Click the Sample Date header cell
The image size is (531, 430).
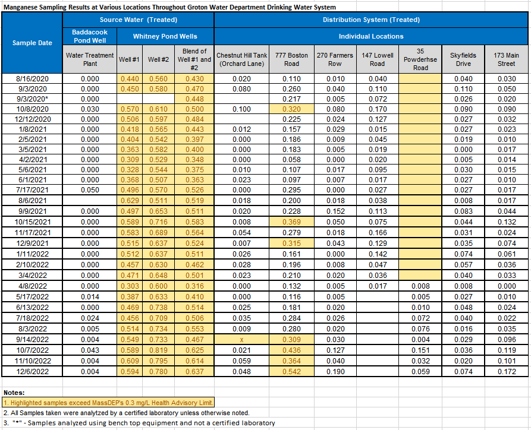(x=32, y=43)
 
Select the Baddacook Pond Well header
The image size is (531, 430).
(x=90, y=36)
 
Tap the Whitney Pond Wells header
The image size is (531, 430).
(x=165, y=36)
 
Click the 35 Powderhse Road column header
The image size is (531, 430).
(x=420, y=59)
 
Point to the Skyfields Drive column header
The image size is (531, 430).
(x=463, y=59)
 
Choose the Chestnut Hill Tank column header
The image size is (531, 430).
(x=242, y=59)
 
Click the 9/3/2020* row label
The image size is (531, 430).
(x=32, y=99)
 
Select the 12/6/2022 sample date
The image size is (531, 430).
(x=32, y=371)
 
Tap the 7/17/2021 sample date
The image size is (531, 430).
(x=32, y=190)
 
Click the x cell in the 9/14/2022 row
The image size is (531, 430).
(x=242, y=339)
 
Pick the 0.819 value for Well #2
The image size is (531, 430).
(x=159, y=350)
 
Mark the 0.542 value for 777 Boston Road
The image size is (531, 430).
(x=291, y=371)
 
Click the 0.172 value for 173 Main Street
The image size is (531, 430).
(x=507, y=371)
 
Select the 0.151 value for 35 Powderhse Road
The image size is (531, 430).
(x=420, y=350)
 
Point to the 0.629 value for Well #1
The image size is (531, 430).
(x=130, y=201)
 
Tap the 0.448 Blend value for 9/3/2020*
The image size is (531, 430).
(x=194, y=99)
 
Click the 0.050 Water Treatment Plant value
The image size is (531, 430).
(x=90, y=190)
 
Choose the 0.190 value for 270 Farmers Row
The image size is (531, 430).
(x=335, y=371)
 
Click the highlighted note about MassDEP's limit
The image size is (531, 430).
(x=108, y=403)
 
